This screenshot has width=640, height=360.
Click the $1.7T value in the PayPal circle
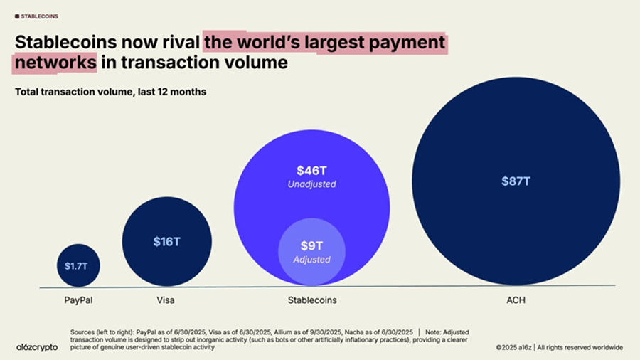pos(78,266)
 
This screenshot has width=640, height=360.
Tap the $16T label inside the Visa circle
pos(166,241)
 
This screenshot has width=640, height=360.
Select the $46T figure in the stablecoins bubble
pos(311,171)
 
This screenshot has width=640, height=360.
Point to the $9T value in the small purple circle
pos(311,246)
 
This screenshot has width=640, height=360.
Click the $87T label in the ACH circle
pos(516,181)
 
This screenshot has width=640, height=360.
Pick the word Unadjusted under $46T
pos(311,184)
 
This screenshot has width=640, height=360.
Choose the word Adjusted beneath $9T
pos(311,260)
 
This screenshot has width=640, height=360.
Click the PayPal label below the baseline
pos(78,300)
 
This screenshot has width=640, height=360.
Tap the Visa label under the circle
pos(165,300)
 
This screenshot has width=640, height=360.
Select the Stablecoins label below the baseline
pos(312,300)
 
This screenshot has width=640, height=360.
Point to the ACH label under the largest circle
pos(515,300)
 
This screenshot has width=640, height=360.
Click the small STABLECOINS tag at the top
pos(40,16)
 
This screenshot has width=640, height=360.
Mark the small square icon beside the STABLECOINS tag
pos(17,16)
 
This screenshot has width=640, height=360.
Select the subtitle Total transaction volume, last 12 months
pos(110,92)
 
